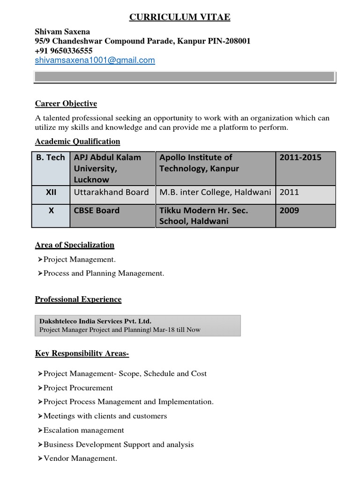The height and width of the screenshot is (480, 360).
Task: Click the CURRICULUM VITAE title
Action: tap(180, 18)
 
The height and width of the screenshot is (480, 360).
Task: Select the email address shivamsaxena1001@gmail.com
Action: tap(95, 60)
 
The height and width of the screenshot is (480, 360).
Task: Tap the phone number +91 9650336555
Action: tap(64, 51)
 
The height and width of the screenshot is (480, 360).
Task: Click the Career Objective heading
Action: tap(66, 104)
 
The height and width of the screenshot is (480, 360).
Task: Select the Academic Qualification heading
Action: tap(77, 142)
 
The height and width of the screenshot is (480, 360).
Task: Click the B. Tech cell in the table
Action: tap(51, 157)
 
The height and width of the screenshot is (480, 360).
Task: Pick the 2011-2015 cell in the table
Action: tap(300, 157)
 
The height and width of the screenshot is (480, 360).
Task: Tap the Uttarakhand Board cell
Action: tap(111, 192)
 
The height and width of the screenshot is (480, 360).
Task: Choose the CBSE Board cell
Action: tap(97, 210)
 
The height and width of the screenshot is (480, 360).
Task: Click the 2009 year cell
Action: tap(289, 210)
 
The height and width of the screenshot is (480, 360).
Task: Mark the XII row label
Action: tap(51, 192)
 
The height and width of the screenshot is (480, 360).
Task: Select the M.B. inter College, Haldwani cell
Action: tap(216, 192)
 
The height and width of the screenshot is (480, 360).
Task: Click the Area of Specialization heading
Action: tap(75, 245)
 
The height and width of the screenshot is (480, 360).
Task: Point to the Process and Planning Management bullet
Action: tap(104, 273)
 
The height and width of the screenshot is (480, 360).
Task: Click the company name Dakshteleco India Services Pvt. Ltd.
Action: tap(95, 321)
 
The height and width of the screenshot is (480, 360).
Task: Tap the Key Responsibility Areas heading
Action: tap(82, 353)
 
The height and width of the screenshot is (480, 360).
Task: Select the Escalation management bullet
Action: tap(83, 430)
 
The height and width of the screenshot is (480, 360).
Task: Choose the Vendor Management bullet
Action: tap(80, 458)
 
